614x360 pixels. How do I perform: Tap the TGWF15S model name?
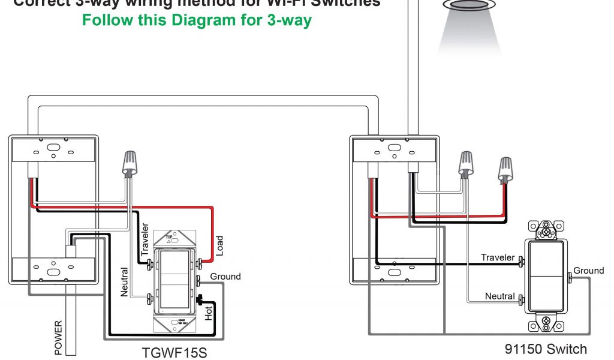point(174,352)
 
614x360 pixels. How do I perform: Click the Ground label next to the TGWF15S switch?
point(225,277)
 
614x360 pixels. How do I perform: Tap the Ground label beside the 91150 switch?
point(588,271)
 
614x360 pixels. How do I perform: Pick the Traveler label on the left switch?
point(145,239)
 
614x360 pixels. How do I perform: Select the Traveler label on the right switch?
point(498,257)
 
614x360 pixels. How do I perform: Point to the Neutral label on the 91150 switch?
point(500,296)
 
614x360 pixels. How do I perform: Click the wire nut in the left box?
point(128,162)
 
